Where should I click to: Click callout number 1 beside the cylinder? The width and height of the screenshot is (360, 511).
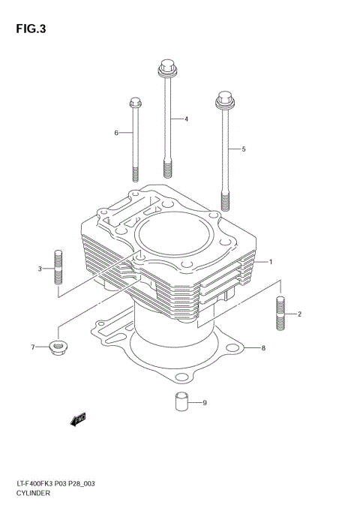[271, 262]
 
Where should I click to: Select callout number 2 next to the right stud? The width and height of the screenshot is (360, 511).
[299, 314]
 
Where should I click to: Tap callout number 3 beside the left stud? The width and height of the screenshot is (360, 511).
[40, 269]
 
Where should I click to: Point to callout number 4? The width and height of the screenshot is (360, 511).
[186, 119]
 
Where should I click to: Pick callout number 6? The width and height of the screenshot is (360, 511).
[116, 133]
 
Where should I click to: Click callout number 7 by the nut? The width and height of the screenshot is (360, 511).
[33, 347]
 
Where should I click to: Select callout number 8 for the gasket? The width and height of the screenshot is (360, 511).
[263, 347]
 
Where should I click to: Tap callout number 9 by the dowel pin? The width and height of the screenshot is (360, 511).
[204, 403]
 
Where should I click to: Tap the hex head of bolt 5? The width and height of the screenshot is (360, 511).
[223, 98]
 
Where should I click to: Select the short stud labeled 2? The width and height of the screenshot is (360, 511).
[280, 313]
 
